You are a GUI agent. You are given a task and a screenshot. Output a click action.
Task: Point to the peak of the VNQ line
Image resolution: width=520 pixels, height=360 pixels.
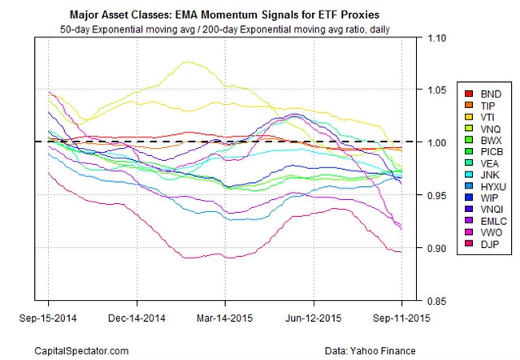click(x=189, y=62)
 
